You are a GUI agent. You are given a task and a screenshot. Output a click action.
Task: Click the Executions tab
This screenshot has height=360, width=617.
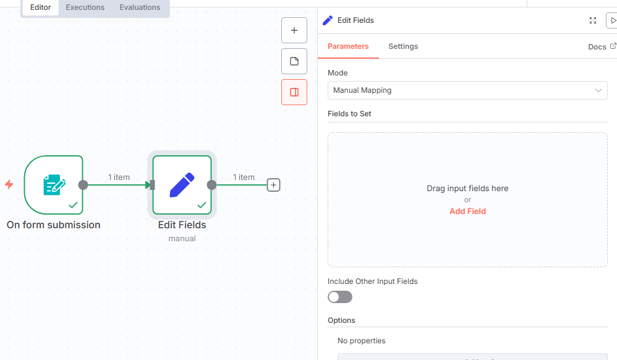point(85,7)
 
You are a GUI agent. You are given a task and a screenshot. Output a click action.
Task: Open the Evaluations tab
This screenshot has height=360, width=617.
point(140,7)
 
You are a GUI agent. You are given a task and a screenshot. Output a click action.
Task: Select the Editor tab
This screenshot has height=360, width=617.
point(41,7)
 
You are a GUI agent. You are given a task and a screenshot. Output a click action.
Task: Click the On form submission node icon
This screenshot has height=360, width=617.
point(53,184)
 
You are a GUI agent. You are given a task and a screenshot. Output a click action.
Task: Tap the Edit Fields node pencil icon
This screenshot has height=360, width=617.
point(182,184)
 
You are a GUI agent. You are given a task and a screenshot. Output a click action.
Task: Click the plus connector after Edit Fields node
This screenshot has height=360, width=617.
point(273,184)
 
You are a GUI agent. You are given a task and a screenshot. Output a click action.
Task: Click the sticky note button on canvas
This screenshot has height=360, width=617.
point(294,61)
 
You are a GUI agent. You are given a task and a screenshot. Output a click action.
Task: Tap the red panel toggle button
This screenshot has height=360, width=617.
point(294,92)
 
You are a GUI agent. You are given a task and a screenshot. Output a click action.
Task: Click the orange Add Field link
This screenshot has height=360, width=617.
point(467,211)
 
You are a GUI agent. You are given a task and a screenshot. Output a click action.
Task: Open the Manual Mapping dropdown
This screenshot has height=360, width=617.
point(467,90)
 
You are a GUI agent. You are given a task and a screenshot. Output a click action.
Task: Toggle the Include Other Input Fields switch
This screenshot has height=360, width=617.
point(340,297)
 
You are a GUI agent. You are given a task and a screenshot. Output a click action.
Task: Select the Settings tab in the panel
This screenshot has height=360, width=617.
point(403,46)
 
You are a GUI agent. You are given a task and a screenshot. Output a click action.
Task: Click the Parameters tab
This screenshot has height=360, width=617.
point(348,46)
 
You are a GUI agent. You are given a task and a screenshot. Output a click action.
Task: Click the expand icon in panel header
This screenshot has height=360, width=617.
point(593,20)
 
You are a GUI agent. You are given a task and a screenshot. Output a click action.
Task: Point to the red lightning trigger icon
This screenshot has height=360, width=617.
point(9,184)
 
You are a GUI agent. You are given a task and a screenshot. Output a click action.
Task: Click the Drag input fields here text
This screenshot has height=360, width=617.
point(467,188)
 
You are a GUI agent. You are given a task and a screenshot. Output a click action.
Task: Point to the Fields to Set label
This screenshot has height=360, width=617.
point(349,114)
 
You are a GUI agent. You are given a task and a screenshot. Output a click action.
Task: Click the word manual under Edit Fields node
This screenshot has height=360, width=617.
point(182,238)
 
